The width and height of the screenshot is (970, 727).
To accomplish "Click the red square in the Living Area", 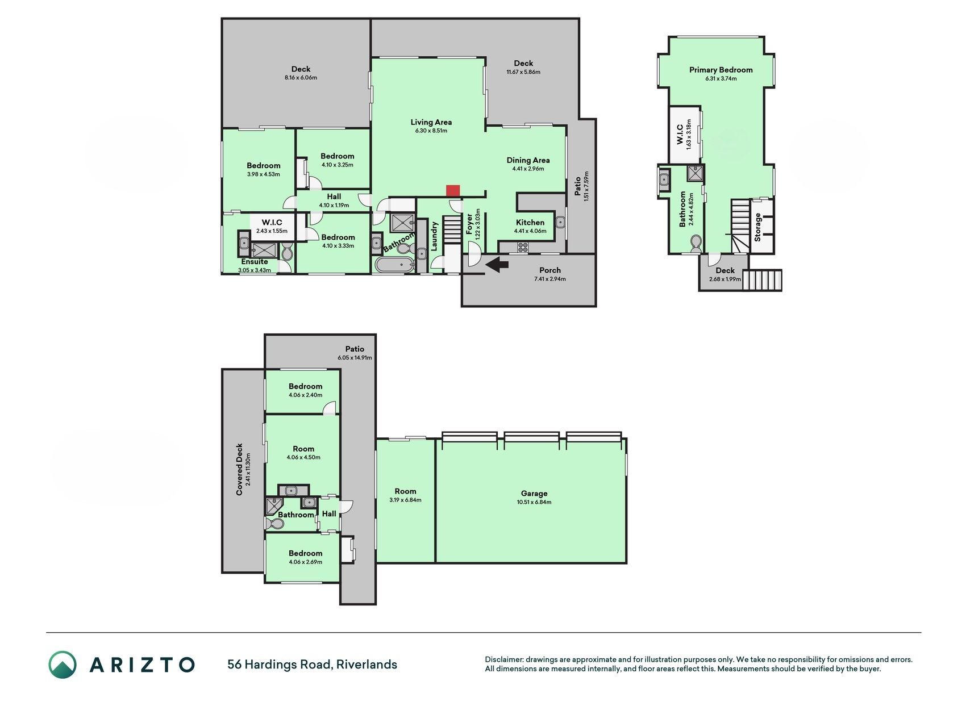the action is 452,191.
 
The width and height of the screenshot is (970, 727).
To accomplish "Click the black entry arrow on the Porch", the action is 497,264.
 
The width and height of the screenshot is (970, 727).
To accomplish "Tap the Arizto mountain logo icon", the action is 62,664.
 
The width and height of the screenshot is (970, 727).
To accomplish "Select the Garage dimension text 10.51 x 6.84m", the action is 534,502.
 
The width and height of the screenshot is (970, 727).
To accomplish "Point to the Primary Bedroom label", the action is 721,70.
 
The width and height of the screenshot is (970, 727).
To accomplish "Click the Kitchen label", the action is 530,223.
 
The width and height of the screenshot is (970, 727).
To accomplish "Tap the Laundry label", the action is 435,236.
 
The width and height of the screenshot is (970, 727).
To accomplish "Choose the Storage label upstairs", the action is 757,227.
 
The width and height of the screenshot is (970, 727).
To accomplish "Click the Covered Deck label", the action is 239,469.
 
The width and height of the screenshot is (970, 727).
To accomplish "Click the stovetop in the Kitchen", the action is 522,246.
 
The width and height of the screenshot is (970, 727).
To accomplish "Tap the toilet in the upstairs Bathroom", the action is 695,244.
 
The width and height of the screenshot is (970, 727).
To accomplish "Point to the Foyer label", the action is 469,224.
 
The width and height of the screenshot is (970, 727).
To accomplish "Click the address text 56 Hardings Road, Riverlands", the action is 312,665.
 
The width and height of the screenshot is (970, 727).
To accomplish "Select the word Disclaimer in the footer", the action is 503,659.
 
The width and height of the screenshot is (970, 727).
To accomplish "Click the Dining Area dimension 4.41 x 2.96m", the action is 528,169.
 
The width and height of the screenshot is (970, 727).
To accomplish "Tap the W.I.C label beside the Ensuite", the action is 272,223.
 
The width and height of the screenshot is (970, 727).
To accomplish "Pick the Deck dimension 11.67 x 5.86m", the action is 523,72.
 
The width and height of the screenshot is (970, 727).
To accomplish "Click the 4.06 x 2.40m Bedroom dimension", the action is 305,395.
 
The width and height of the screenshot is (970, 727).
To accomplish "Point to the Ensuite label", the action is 254,262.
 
